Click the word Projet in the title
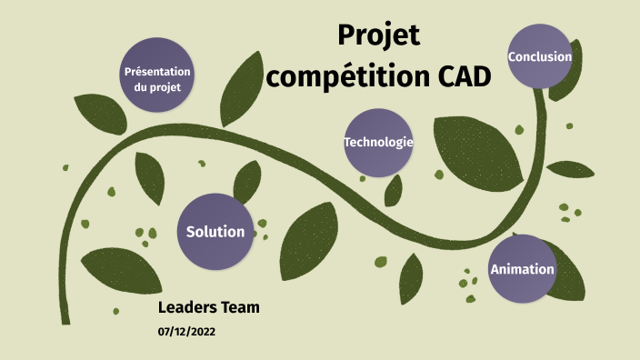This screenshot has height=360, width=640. pos(379,35)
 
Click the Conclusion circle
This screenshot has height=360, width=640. pos(540,57)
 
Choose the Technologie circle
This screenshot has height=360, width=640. pos(378,143)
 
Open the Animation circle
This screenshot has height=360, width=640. pos(522,269)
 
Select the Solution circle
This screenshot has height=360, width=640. pos(215,232)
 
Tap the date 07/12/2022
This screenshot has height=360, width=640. pos(186,332)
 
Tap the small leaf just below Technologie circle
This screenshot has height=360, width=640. pos(394,190)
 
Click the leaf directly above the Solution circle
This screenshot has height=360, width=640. pos(246,182)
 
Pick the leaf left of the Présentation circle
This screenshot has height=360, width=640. pos(95,113)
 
